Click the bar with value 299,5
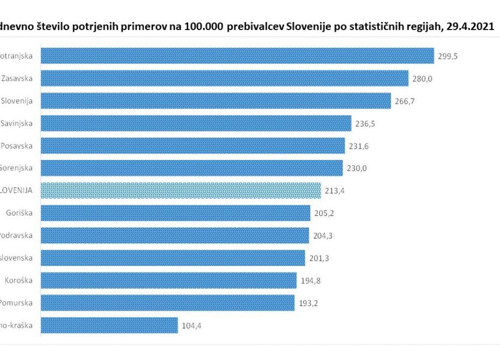[x=237, y=56]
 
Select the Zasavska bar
[x=224, y=78]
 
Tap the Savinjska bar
[x=196, y=123]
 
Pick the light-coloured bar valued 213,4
[x=181, y=190]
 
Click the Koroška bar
[x=168, y=280]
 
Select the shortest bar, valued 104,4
[x=109, y=325]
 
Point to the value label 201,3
[x=320, y=258]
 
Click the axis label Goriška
[x=19, y=213]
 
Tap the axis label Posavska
[x=17, y=146]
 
